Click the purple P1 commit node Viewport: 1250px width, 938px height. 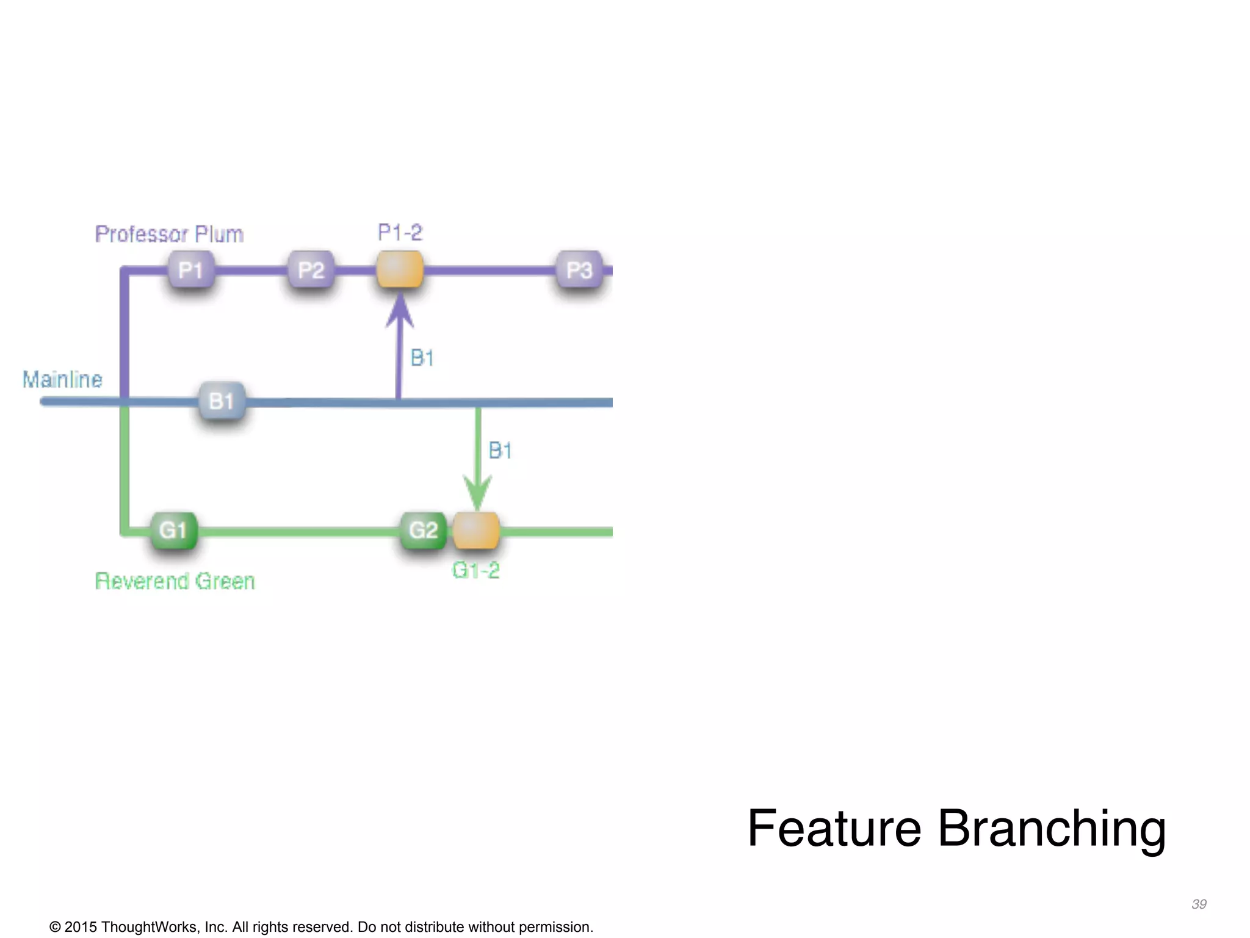pos(191,269)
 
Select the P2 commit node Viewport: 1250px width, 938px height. pos(311,269)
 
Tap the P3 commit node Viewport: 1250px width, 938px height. pos(579,269)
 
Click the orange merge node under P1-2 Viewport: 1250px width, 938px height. pos(400,269)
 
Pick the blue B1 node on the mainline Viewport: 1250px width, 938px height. pos(222,401)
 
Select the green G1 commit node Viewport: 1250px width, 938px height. pos(174,530)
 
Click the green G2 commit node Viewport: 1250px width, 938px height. pos(424,530)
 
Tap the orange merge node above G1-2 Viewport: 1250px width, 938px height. pos(476,530)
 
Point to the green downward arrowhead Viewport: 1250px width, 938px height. pos(477,493)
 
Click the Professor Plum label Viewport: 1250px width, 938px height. pos(169,234)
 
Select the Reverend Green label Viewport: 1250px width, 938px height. pos(175,581)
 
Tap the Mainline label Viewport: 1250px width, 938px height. pos(62,379)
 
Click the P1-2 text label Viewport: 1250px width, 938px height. pos(400,232)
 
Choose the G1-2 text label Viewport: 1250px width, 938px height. pos(475,570)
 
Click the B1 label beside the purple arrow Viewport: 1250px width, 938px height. pos(422,358)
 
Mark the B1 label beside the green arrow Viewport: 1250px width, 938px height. pos(500,451)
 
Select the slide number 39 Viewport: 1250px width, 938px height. pos(1199,904)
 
